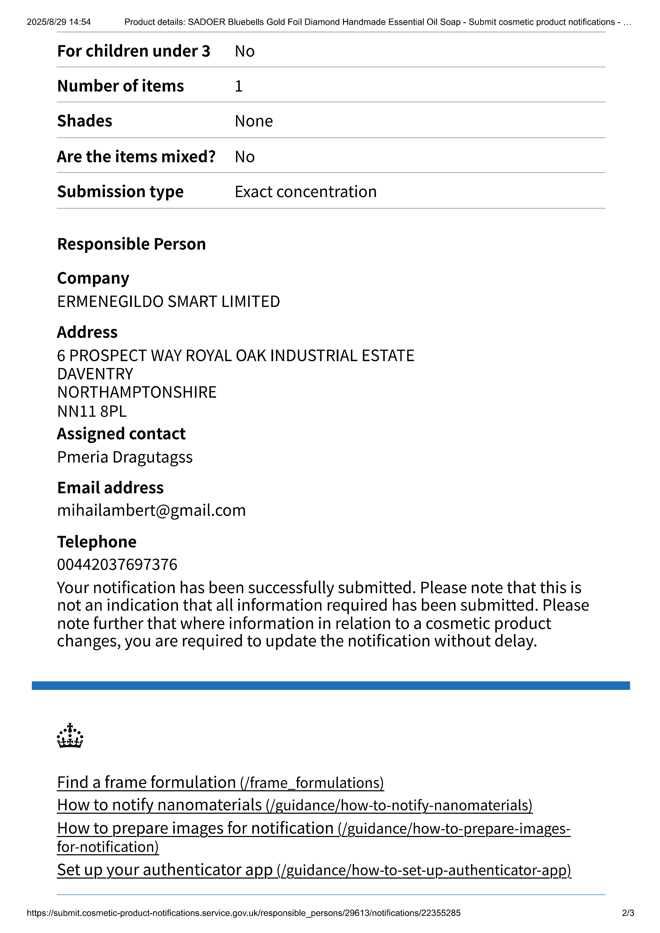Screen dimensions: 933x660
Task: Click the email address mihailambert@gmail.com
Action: click(151, 510)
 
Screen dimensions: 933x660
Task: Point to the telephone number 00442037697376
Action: click(117, 564)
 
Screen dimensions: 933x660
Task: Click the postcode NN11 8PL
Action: click(92, 411)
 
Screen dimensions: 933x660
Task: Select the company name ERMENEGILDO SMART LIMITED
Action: click(168, 302)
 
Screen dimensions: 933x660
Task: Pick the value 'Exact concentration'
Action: click(306, 192)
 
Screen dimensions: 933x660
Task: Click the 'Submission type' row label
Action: click(120, 192)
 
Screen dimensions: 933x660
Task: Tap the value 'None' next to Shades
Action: click(254, 121)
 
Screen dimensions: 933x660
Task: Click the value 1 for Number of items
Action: click(239, 86)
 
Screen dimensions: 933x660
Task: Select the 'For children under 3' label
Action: click(134, 51)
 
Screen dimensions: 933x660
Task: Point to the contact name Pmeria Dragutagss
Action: click(125, 457)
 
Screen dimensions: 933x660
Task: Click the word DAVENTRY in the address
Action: click(95, 374)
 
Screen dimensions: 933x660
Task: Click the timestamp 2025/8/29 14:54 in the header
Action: click(59, 22)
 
